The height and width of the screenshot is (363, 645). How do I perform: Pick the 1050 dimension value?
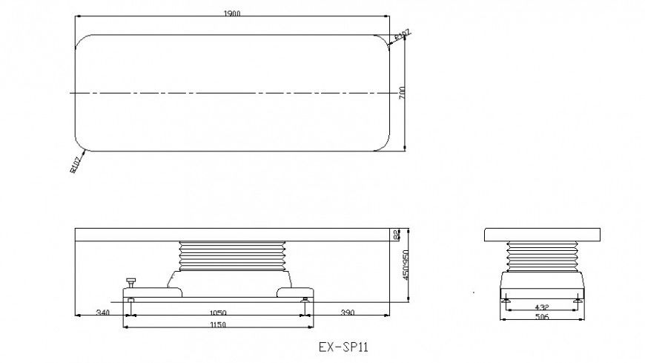pyautogui.click(x=216, y=313)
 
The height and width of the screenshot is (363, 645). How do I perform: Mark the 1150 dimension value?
pyautogui.click(x=216, y=325)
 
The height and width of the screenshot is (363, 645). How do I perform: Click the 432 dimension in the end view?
pyautogui.click(x=543, y=307)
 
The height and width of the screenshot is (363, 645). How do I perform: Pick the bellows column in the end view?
pyautogui.click(x=543, y=256)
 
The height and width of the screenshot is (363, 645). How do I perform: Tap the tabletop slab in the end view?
pyautogui.click(x=543, y=235)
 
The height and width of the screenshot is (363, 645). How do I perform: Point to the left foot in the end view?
pyautogui.click(x=507, y=299)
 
